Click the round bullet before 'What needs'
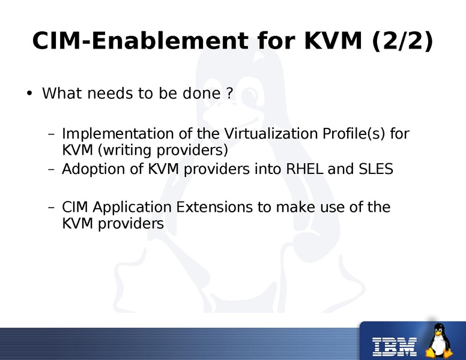[x=28, y=94]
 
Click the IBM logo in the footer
[x=395, y=344]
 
